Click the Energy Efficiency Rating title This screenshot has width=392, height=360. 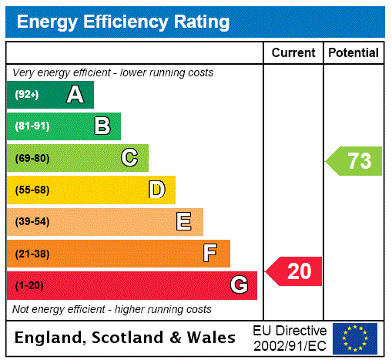(x=123, y=22)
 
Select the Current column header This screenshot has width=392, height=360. (x=293, y=53)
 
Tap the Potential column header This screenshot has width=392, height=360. (x=353, y=53)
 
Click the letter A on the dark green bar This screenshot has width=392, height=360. (x=75, y=95)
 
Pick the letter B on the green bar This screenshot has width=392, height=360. (x=102, y=126)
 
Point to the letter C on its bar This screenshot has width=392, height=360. (x=129, y=158)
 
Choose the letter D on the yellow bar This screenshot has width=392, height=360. (x=156, y=190)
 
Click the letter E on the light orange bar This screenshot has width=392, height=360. (x=184, y=222)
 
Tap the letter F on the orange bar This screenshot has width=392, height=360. (x=210, y=254)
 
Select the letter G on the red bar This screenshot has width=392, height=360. (x=239, y=285)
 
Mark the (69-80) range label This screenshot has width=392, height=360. (x=32, y=158)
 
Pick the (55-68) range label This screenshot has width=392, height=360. (x=32, y=190)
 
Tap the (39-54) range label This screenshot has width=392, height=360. (x=32, y=222)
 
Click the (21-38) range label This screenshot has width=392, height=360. (x=32, y=254)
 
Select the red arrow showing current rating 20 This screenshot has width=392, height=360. (x=295, y=271)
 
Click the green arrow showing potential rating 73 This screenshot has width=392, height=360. (x=354, y=161)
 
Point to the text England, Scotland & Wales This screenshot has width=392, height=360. (x=126, y=338)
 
